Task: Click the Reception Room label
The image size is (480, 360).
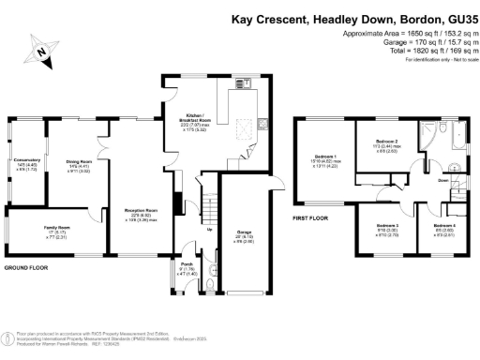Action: click(141, 213)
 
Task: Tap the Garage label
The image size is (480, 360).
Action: click(245, 232)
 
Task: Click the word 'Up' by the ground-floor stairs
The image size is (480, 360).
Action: click(208, 230)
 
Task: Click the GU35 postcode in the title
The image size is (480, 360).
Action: click(457, 19)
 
